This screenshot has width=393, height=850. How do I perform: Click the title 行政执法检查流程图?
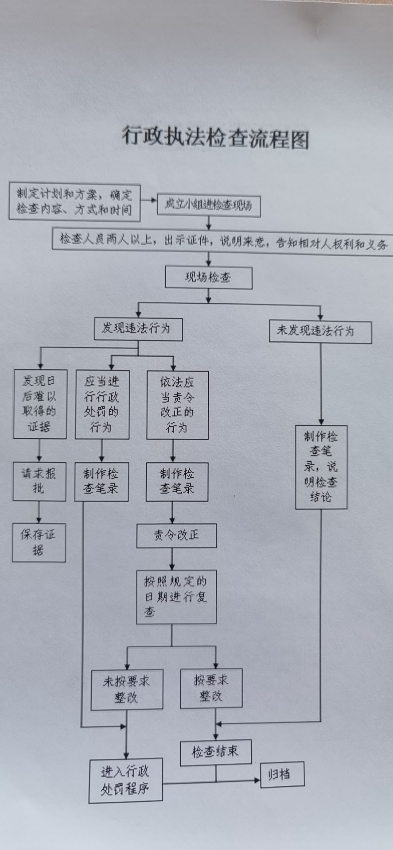pos(215,138)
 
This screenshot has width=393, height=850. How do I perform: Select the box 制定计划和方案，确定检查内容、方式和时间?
pos(74,202)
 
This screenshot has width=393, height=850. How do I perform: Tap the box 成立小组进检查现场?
pos(208,205)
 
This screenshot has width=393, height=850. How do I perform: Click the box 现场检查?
pos(208,278)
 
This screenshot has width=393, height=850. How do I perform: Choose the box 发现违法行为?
pos(138,329)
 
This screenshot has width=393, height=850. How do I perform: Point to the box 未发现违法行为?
pos(320,332)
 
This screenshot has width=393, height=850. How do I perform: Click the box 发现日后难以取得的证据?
pos(40,404)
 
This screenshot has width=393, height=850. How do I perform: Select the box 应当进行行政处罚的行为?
pos(102,404)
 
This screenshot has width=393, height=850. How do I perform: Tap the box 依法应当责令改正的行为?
pos(177,405)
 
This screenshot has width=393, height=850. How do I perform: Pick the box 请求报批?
pos(39,481)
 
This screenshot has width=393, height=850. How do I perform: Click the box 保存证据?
pos(39,542)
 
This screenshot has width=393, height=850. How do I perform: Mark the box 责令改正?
pos(176,536)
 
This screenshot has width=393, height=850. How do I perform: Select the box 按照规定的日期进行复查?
pos(176,597)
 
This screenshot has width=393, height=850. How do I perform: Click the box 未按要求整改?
pos(127,689)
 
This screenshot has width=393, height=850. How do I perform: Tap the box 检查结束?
pos(216,752)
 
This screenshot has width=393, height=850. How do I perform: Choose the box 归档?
pos(282,774)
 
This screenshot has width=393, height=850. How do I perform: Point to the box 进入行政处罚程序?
pos(125,780)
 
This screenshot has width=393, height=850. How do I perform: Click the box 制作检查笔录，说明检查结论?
pos(321,467)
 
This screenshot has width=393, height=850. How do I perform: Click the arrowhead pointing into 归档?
pos(257,780)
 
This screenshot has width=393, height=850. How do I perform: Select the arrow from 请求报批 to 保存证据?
pos(39,512)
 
